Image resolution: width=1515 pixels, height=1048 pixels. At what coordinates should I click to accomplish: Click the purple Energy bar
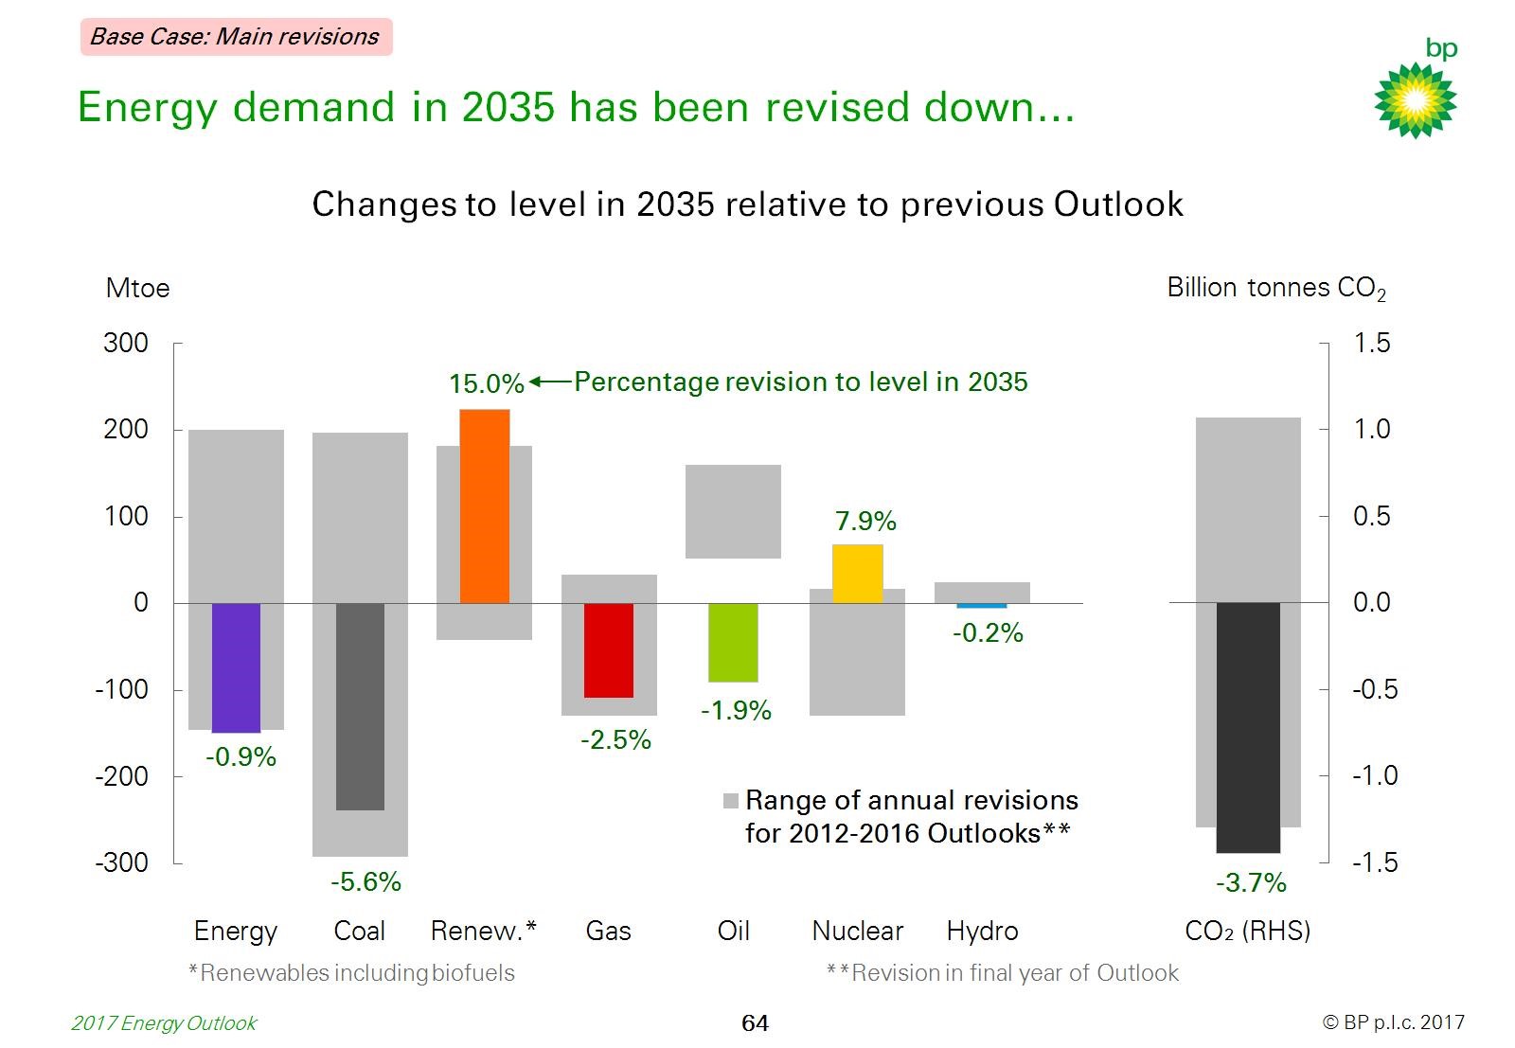pos(236,667)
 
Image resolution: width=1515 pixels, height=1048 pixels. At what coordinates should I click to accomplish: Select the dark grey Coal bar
pos(360,706)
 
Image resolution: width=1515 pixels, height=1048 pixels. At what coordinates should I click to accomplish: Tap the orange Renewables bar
pos(484,506)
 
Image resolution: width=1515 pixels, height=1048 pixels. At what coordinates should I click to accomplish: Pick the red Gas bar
pos(608,650)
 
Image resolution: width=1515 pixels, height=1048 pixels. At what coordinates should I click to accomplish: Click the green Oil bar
pos(733,642)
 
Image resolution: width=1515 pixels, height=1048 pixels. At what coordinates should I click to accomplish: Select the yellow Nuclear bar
pos(857,574)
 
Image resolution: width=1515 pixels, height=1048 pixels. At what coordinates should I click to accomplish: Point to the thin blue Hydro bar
pos(981,606)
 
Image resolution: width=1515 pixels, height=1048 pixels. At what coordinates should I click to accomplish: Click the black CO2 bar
pos(1247,727)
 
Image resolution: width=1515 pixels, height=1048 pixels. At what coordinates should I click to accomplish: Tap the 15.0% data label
pos(486,383)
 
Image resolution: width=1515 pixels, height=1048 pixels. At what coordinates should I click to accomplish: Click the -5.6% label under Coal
pos(365,882)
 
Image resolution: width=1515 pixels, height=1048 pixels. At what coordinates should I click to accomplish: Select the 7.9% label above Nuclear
pos(864,521)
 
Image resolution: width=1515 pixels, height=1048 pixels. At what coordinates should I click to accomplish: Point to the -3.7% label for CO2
pos(1250,883)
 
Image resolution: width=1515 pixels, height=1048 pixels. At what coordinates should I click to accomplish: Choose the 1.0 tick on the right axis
pos(1371,429)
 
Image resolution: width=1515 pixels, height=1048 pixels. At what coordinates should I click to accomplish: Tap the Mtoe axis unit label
pos(137,288)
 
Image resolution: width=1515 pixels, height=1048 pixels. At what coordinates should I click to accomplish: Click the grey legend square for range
pos(730,801)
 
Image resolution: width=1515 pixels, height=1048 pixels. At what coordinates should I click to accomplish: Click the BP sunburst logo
pos(1415,99)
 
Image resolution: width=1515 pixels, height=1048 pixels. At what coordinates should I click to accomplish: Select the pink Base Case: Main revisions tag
pos(236,37)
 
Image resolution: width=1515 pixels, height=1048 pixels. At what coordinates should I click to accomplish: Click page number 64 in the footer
pos(755,1023)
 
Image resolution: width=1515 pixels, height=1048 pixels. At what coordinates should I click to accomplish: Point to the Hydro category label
pos(982,931)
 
